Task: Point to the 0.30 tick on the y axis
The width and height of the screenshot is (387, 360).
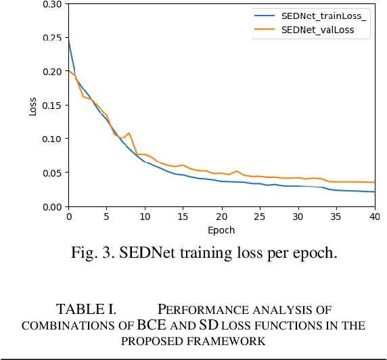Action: [51, 4]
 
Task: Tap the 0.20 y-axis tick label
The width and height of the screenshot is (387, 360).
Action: [51, 71]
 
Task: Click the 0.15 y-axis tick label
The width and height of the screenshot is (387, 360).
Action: [51, 105]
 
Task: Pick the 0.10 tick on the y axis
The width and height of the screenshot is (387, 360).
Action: [51, 139]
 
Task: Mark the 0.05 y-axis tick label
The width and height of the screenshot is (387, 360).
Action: [51, 173]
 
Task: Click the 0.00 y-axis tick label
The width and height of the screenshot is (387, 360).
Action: [51, 206]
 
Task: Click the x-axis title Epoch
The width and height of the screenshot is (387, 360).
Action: [221, 230]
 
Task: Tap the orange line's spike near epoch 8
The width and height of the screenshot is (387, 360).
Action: [129, 133]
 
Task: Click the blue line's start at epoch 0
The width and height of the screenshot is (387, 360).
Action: [68, 41]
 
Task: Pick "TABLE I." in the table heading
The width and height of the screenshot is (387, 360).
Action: [86, 310]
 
